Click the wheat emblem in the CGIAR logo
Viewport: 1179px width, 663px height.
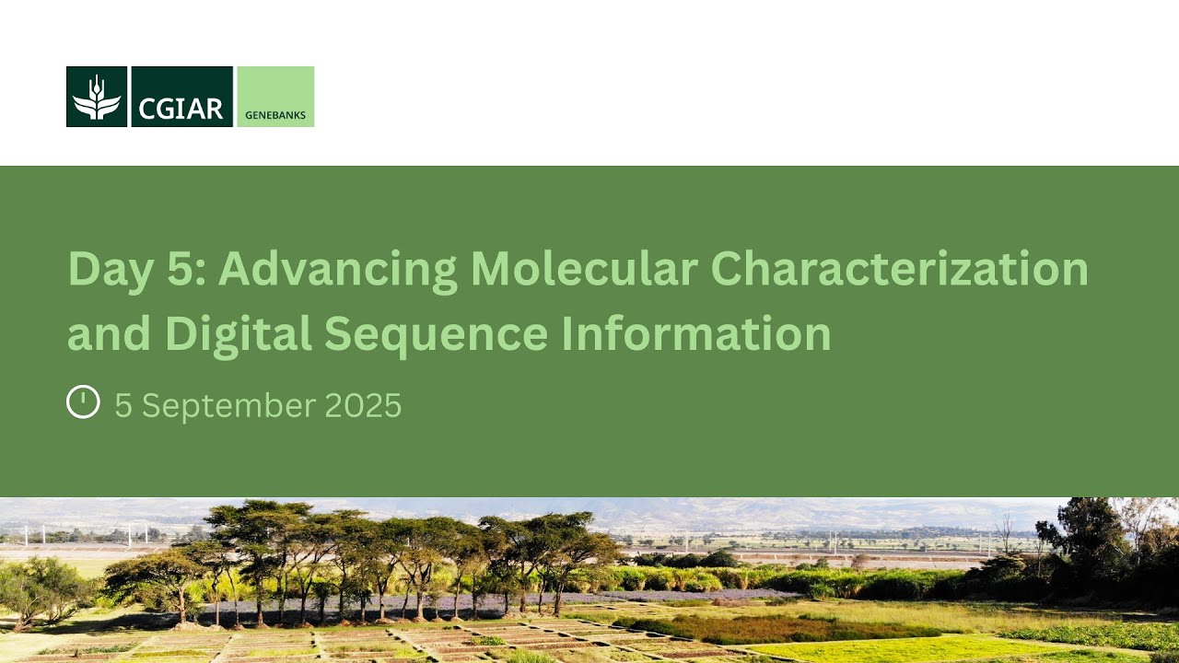tap(97, 97)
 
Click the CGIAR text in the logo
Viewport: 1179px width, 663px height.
tap(181, 108)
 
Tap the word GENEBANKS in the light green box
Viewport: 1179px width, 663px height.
tap(275, 115)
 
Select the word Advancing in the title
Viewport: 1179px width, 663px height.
tap(337, 269)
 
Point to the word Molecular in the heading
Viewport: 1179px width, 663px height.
tap(583, 269)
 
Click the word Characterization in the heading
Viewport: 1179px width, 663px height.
tap(900, 269)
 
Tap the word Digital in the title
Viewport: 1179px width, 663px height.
tap(238, 333)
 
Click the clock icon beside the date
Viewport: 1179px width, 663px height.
tap(83, 402)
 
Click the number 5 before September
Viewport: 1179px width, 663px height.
tap(123, 406)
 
